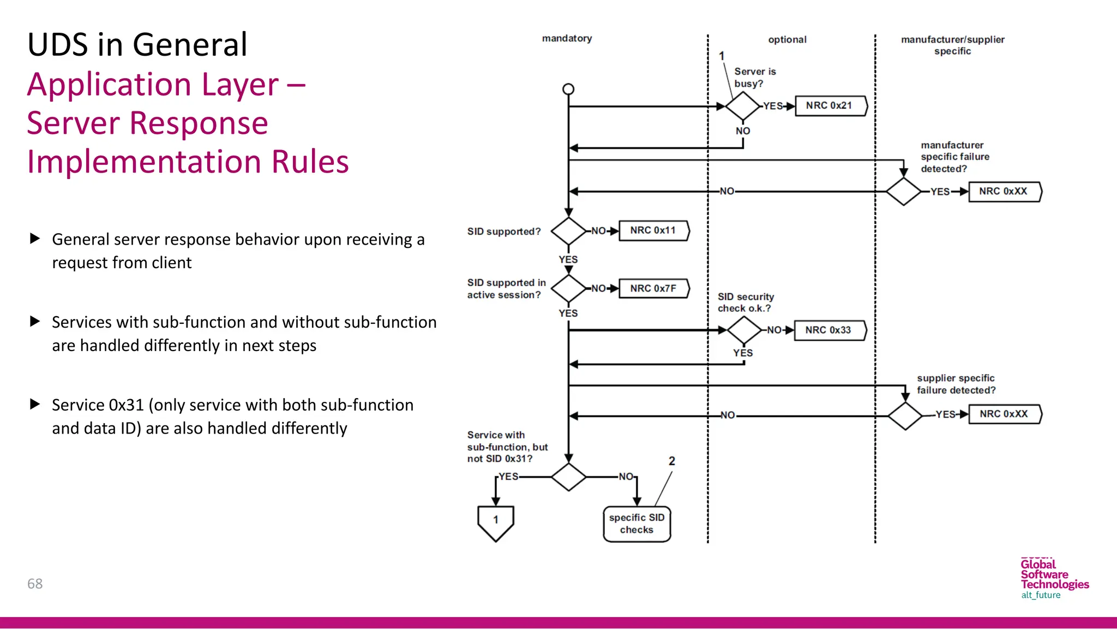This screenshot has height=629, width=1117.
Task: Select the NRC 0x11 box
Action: pos(654,230)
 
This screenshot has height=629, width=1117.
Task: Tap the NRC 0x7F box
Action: pos(654,288)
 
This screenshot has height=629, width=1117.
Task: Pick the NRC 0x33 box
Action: pos(830,330)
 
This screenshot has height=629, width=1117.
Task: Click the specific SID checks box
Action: pos(636,524)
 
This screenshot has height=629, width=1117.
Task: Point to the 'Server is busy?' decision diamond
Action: pos(742,106)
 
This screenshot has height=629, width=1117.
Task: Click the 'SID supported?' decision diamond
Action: pos(568,231)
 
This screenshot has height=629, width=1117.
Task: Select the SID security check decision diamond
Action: pos(744,330)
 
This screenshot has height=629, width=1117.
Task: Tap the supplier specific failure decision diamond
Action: pos(905,416)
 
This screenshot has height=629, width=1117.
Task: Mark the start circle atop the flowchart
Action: pos(568,89)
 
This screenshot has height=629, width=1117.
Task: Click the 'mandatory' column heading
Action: pos(567,38)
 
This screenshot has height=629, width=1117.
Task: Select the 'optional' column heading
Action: pos(787,39)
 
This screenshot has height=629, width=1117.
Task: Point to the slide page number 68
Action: pos(35,584)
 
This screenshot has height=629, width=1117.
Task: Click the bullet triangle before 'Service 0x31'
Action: pos(35,404)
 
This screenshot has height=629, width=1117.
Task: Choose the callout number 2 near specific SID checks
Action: pos(672,461)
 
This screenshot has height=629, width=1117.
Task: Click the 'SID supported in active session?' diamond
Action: pos(568,288)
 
